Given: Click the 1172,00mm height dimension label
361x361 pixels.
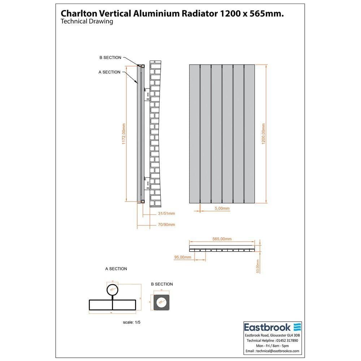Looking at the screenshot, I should coord(123,134).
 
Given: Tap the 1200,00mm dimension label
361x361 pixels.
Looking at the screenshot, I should coord(263,134).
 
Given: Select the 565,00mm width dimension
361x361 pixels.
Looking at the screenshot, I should coord(222,239).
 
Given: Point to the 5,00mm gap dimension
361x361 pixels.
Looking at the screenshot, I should coord(222,209).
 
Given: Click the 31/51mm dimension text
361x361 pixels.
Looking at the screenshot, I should coord(166,214).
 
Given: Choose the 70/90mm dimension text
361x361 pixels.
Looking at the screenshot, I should coord(166,225).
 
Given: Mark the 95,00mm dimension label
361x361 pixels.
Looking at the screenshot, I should coord(183,257).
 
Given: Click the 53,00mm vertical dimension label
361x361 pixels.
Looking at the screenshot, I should coord(257,266).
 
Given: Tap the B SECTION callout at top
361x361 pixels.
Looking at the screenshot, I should coord(110,58).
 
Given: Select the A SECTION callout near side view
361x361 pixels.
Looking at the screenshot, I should coord(109,72).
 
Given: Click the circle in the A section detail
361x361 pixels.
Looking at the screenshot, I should coord(112,290).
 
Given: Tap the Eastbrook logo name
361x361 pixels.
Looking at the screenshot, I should coord(267,327).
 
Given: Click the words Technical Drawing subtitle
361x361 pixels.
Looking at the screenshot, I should coord(87,22).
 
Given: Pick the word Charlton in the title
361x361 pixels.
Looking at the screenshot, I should coord(76,13).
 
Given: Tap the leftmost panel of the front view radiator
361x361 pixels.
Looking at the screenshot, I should coord(194,134).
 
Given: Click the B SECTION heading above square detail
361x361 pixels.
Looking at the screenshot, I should coord(162,284).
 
